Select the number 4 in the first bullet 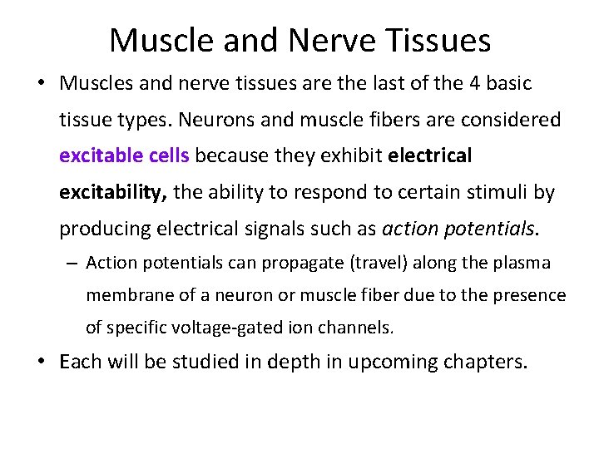click(x=462, y=84)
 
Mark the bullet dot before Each click(x=42, y=363)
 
